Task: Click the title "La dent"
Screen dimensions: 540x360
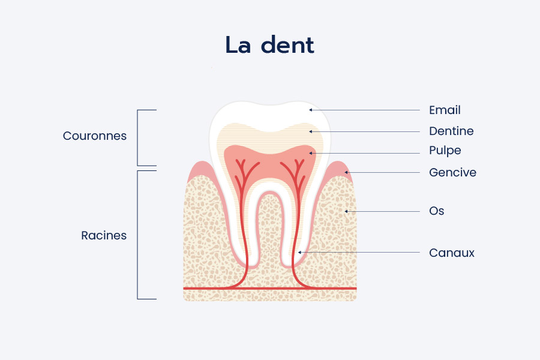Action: click(269, 45)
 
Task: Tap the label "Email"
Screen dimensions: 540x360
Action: click(445, 110)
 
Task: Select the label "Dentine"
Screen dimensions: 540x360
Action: click(451, 131)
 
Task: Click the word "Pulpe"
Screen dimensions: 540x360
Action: click(445, 151)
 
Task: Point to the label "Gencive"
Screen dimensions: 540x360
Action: click(452, 172)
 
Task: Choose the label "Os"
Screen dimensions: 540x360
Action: click(437, 211)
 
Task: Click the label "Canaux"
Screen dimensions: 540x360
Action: click(452, 253)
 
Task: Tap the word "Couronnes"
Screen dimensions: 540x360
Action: click(95, 136)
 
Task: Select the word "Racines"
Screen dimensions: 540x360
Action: click(104, 235)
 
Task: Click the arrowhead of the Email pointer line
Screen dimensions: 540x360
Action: click(310, 110)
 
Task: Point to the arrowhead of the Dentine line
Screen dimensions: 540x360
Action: click(310, 131)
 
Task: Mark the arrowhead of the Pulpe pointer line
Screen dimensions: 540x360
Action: click(310, 153)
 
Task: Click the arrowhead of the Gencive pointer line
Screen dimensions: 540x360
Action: click(346, 172)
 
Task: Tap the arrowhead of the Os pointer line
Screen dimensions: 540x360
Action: click(346, 211)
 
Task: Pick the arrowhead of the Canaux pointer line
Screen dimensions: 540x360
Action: click(299, 253)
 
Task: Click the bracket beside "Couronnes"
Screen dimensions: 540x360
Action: click(137, 138)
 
